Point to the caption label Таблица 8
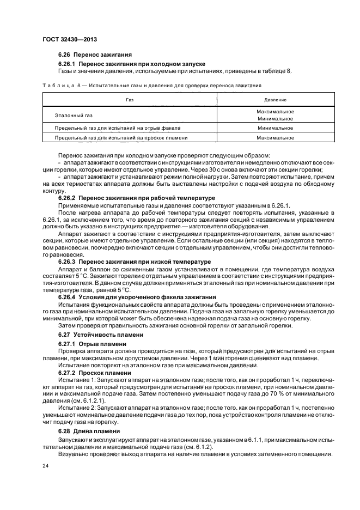[60, 86]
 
